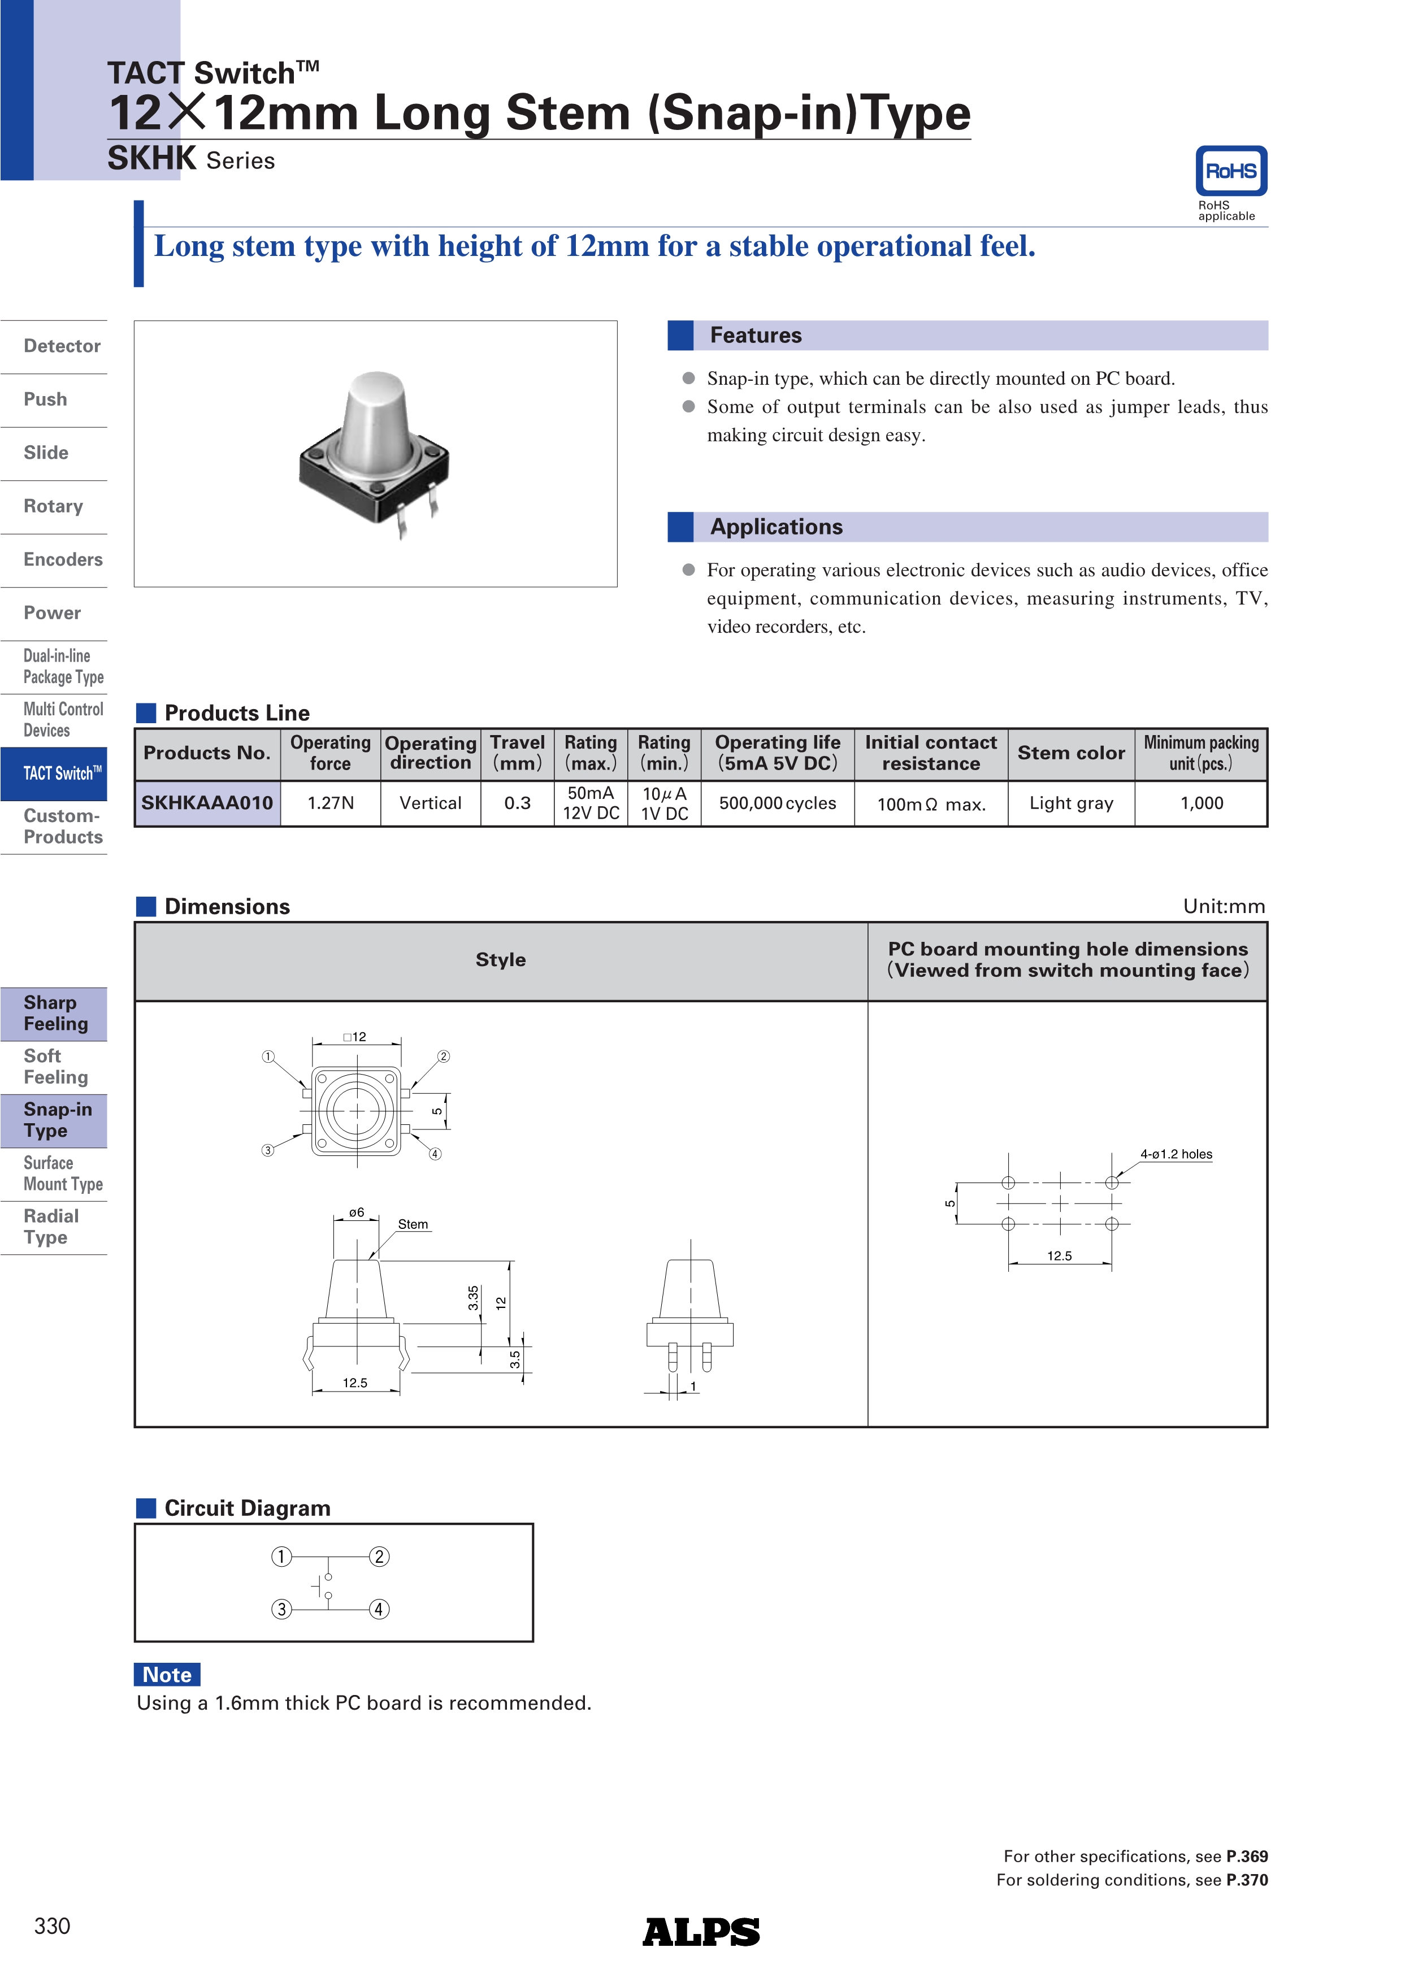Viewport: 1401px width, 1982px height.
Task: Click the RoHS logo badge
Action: (1230, 171)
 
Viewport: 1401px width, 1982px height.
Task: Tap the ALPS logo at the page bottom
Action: (700, 1932)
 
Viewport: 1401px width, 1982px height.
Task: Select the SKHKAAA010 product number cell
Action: (207, 803)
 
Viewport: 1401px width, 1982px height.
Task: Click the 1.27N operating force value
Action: (331, 803)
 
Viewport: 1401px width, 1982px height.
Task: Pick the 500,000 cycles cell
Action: (777, 803)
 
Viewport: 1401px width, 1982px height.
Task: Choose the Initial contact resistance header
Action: (931, 753)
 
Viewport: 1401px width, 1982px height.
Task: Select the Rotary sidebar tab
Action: (54, 506)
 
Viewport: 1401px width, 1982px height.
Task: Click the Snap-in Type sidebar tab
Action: (57, 1120)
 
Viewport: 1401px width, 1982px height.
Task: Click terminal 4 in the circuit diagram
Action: (379, 1609)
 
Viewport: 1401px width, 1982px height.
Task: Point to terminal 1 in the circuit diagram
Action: (281, 1557)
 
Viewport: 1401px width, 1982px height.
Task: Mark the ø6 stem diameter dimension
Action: (357, 1213)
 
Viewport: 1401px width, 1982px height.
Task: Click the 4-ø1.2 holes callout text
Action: (1176, 1154)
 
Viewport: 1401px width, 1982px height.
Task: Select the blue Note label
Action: (167, 1675)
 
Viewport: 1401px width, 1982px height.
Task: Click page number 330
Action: (53, 1926)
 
